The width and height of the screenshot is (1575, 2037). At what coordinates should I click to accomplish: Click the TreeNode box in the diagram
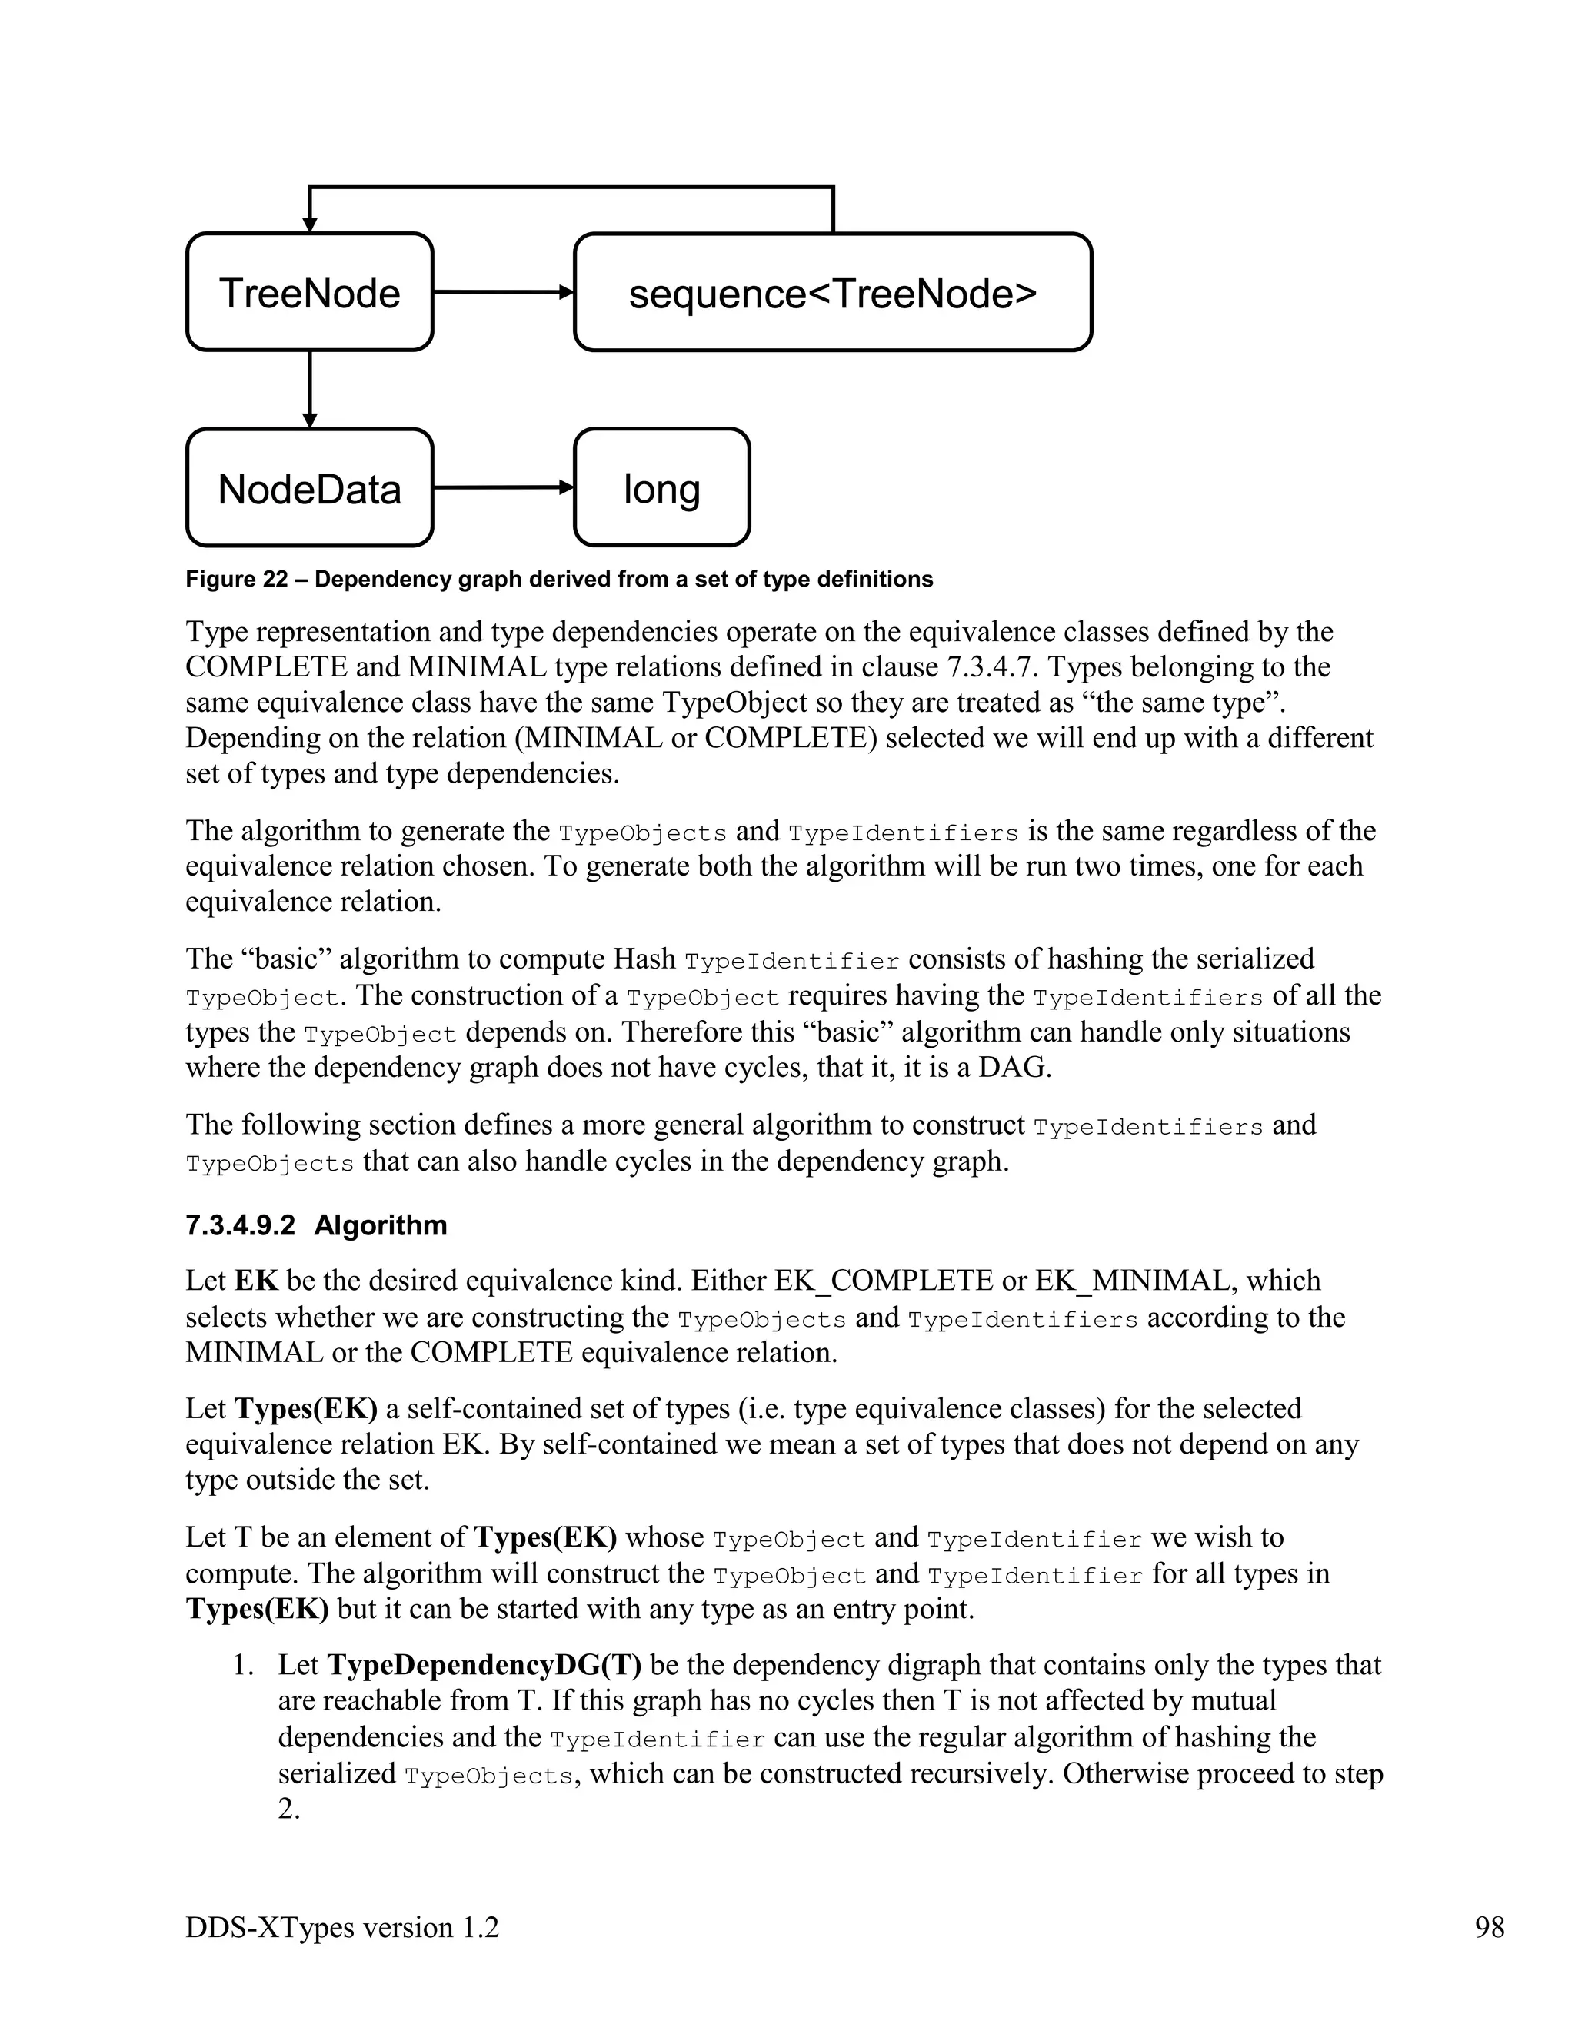[x=309, y=292]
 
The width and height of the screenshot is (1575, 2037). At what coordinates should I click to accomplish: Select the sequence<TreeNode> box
[x=832, y=292]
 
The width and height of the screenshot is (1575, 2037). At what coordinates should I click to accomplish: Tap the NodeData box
[x=309, y=488]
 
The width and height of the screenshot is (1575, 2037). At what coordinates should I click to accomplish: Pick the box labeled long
[x=661, y=488]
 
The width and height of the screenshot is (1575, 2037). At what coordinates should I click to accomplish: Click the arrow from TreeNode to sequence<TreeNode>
[x=502, y=292]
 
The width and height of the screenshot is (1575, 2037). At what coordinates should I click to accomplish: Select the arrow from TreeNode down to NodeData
[x=310, y=388]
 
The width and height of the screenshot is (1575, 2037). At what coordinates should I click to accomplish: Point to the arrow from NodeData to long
[x=502, y=487]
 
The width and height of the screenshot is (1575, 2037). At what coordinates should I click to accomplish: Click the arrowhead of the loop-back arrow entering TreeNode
[x=310, y=224]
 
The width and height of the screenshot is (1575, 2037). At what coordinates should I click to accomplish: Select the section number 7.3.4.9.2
[x=240, y=1225]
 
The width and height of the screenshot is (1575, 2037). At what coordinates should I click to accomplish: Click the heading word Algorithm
[x=381, y=1225]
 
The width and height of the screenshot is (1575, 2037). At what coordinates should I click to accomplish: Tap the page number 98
[x=1489, y=1927]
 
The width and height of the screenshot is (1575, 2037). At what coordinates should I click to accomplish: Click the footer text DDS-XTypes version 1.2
[x=341, y=1927]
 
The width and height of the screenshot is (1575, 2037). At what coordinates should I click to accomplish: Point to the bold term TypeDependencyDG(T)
[x=484, y=1665]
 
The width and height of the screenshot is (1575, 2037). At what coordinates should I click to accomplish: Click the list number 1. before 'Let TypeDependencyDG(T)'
[x=242, y=1665]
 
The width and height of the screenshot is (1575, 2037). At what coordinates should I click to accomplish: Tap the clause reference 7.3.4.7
[x=989, y=667]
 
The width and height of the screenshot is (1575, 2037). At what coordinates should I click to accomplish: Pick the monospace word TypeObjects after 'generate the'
[x=642, y=832]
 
